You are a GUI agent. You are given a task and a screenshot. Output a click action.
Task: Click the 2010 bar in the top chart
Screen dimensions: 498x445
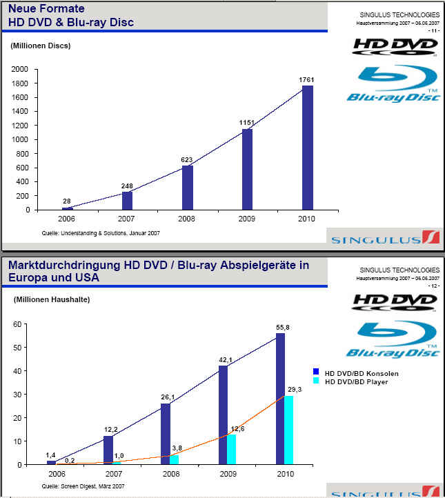click(308, 148)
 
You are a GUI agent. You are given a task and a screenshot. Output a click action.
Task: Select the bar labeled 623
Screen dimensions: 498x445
click(188, 187)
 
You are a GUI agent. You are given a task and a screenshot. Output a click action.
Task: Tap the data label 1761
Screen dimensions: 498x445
click(307, 79)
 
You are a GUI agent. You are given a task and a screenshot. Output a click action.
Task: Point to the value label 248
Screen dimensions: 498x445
click(126, 186)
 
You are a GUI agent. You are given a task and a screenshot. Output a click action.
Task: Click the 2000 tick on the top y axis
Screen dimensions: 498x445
click(21, 69)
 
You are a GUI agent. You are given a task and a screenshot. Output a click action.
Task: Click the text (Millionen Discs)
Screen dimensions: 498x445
click(41, 46)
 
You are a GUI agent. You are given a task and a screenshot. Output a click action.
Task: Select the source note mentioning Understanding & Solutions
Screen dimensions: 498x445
click(101, 234)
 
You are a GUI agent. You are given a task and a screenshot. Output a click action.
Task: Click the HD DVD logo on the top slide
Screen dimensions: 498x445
click(395, 46)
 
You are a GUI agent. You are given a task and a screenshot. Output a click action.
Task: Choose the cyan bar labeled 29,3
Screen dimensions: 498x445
click(289, 430)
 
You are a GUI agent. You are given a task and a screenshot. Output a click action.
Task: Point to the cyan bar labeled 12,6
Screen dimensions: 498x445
click(232, 449)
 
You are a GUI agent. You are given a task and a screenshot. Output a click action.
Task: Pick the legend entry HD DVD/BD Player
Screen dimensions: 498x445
click(357, 381)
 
